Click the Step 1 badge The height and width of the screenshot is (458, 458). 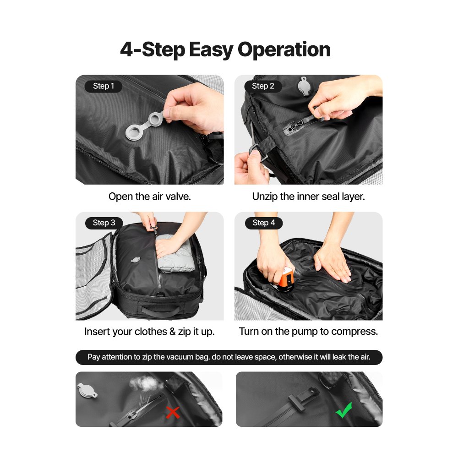(x=104, y=86)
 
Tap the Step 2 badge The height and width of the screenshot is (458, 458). (x=263, y=86)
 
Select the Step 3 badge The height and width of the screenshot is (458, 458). (x=104, y=223)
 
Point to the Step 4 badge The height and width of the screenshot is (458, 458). (x=263, y=223)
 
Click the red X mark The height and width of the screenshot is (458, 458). (x=173, y=413)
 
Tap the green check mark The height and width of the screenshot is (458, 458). (x=343, y=410)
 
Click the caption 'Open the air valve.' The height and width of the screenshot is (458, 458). (x=149, y=196)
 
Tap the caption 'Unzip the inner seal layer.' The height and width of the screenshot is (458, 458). (x=309, y=196)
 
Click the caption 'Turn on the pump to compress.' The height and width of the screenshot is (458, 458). (x=309, y=332)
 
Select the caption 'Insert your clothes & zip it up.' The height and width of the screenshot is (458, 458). (x=149, y=332)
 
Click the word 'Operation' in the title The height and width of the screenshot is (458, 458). (x=284, y=49)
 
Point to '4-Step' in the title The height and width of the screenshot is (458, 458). (x=153, y=49)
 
